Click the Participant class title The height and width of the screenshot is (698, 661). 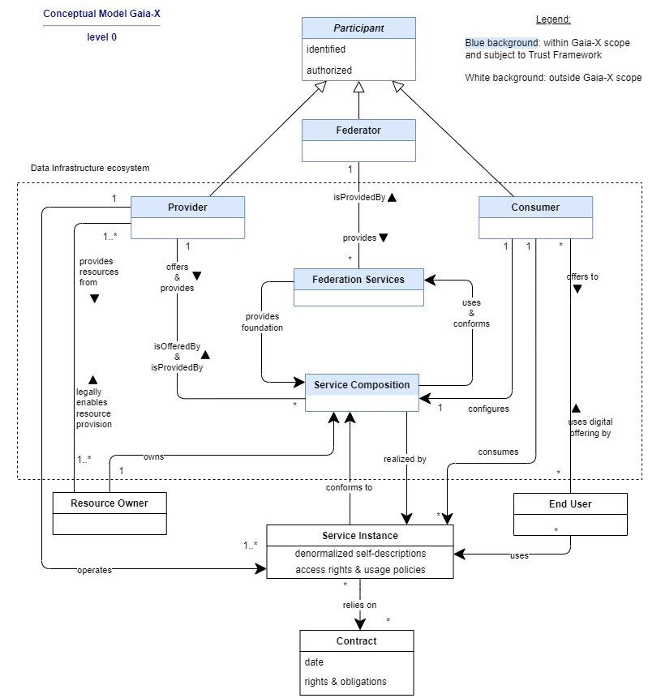[x=358, y=28]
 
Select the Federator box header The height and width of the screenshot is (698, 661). [x=358, y=130]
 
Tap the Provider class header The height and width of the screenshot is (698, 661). [x=187, y=207]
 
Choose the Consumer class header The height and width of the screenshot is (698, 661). [x=535, y=207]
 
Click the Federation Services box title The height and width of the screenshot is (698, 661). [x=358, y=279]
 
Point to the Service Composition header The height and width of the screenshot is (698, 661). [x=362, y=384]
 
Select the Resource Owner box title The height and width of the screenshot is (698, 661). [x=109, y=503]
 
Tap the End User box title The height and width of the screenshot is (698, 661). [x=570, y=504]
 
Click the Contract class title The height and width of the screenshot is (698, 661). [x=356, y=640]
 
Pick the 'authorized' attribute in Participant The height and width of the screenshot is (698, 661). [x=329, y=71]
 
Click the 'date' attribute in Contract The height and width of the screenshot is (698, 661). [x=314, y=662]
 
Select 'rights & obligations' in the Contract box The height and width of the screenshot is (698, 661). [x=346, y=682]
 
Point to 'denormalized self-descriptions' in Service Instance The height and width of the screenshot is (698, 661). [x=360, y=554]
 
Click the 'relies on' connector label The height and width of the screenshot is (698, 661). [x=359, y=605]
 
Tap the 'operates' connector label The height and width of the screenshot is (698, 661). [x=94, y=570]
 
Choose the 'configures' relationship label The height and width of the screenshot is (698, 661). [x=488, y=409]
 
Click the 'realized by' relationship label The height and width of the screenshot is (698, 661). [x=405, y=459]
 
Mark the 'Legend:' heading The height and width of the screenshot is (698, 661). [x=553, y=19]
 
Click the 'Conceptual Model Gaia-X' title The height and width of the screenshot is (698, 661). [x=101, y=13]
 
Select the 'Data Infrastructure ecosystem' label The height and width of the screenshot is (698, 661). [x=90, y=168]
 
